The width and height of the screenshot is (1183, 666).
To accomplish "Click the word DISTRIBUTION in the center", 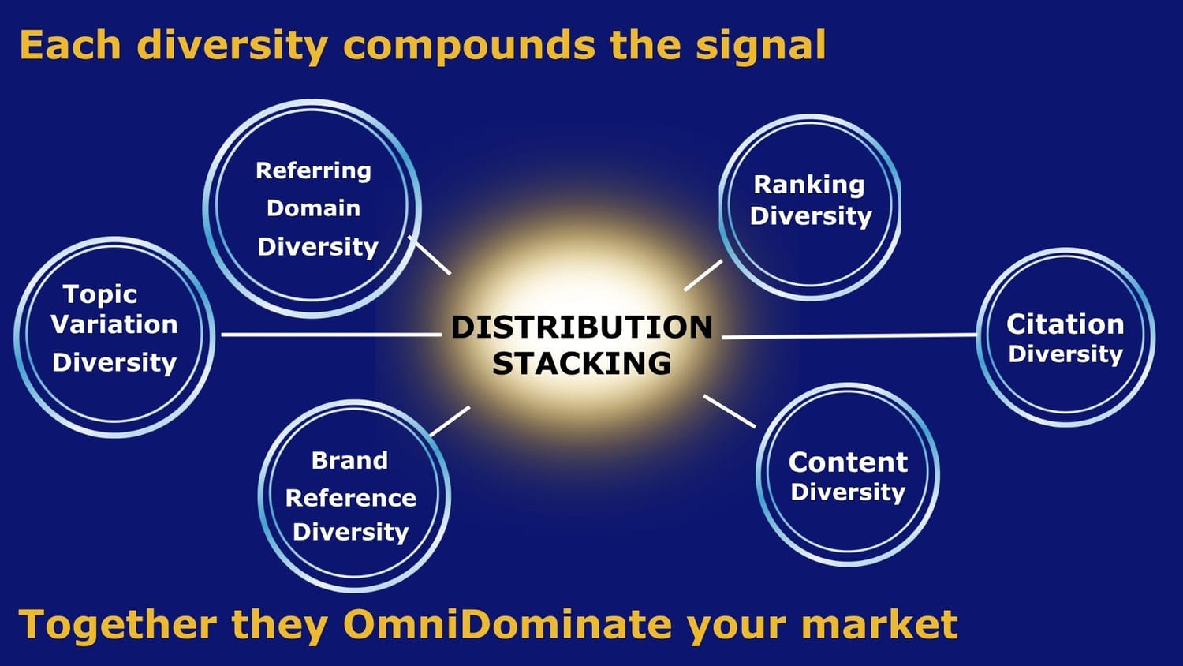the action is (581, 327).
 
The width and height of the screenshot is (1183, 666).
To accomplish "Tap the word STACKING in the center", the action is (581, 363).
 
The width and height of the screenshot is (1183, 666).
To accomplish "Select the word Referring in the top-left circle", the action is (314, 171).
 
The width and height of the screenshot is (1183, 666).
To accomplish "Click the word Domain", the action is (314, 208).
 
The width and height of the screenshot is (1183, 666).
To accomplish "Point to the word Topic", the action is (100, 294).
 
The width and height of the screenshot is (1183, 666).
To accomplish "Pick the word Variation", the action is (114, 324).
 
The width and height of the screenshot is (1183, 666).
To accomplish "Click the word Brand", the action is (349, 460).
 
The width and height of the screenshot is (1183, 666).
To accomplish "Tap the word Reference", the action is (351, 498).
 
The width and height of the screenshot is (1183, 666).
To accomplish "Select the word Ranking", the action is (809, 185).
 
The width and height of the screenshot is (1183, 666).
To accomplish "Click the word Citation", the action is (1065, 324).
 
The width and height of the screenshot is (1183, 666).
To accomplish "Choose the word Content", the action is (848, 462).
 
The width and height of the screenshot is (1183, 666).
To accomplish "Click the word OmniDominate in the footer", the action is (507, 624).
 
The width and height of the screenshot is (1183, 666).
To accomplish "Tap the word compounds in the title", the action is (469, 46).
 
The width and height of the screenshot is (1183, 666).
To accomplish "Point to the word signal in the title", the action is (760, 46).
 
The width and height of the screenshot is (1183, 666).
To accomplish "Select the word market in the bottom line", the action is (879, 624).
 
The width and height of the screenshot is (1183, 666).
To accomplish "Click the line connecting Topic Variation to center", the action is (331, 335).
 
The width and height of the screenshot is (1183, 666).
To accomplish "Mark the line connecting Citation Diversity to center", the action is (849, 335).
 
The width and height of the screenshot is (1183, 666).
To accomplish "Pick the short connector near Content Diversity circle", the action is (730, 411).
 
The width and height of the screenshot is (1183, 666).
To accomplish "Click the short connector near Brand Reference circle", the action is (450, 421).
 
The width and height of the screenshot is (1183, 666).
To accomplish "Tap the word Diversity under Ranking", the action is (811, 217).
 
